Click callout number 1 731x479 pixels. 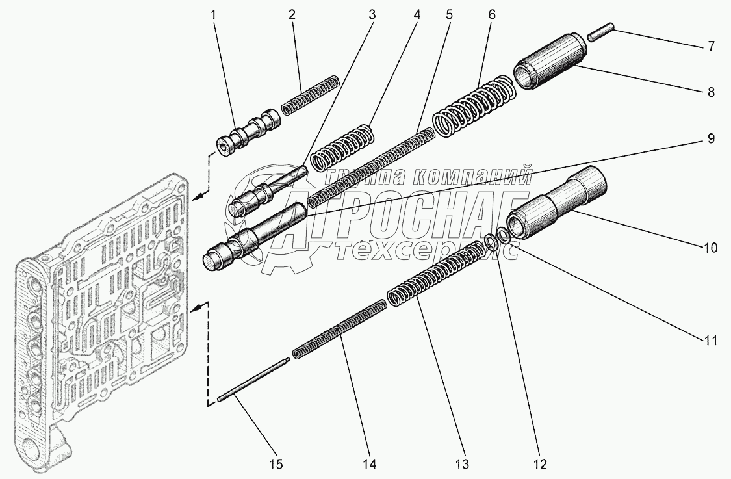(x=214, y=14)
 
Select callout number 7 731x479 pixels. (x=710, y=46)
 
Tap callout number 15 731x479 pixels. (x=276, y=464)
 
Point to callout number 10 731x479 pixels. (x=710, y=248)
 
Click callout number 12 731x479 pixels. (x=541, y=464)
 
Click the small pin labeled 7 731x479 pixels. (x=600, y=32)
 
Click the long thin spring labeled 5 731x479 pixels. (x=370, y=166)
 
